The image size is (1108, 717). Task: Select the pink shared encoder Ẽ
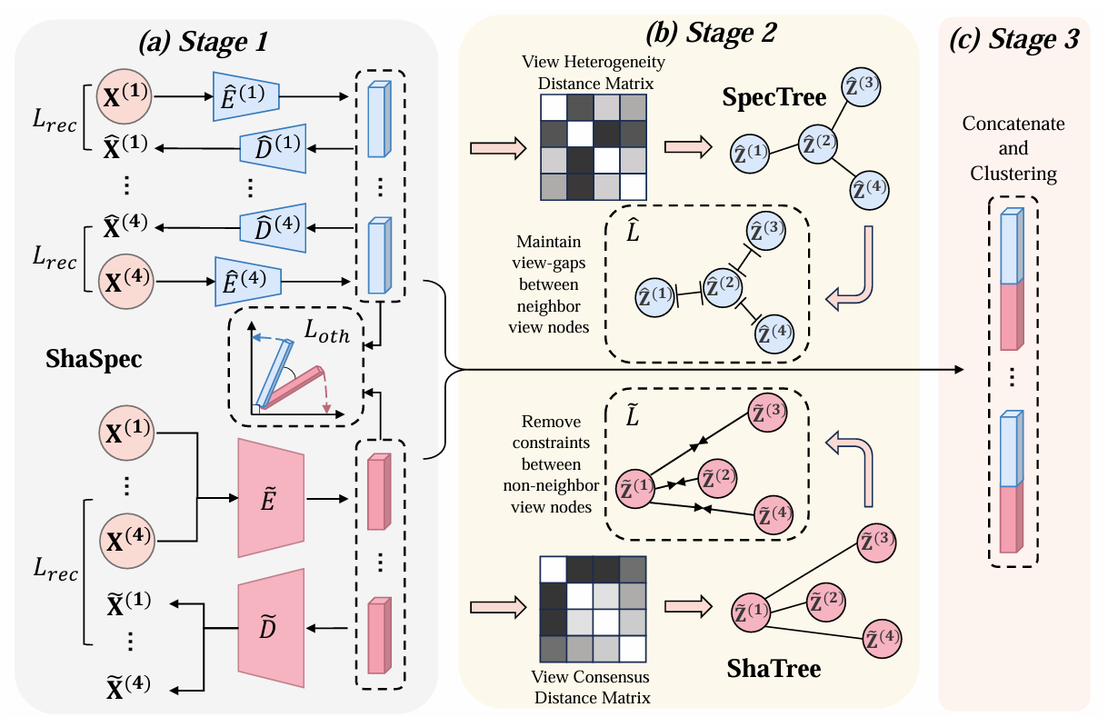coord(269,498)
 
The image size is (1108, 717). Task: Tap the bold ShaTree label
coord(774,670)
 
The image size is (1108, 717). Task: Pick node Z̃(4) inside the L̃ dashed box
coord(774,515)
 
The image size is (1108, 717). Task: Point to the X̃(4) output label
coord(126,684)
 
